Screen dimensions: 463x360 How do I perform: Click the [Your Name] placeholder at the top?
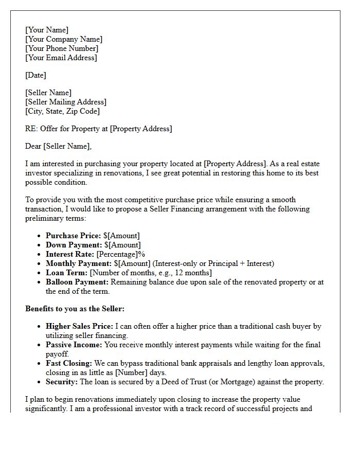[47, 30]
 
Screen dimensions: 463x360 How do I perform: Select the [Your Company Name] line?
[64, 39]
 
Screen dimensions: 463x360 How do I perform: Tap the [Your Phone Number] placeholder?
[62, 48]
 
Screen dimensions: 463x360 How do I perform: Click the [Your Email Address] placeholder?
[61, 58]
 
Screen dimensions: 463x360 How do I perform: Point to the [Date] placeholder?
[35, 75]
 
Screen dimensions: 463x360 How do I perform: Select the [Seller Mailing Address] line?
[66, 102]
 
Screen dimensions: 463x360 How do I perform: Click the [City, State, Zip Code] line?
[62, 111]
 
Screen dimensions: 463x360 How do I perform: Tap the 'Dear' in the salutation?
[33, 146]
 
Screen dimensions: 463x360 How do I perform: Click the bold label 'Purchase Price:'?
[74, 236]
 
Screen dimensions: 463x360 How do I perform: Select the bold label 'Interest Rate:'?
[70, 254]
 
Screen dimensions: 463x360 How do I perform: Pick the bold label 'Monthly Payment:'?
[79, 263]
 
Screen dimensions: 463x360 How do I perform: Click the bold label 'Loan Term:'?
[67, 273]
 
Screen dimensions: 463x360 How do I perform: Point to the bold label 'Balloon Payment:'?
[77, 282]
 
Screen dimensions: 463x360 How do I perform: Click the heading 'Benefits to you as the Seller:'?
[75, 309]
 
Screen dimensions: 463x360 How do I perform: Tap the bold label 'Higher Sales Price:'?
[80, 326]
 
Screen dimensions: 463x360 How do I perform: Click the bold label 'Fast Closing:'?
[69, 363]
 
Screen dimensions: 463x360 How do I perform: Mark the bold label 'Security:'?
[62, 382]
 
